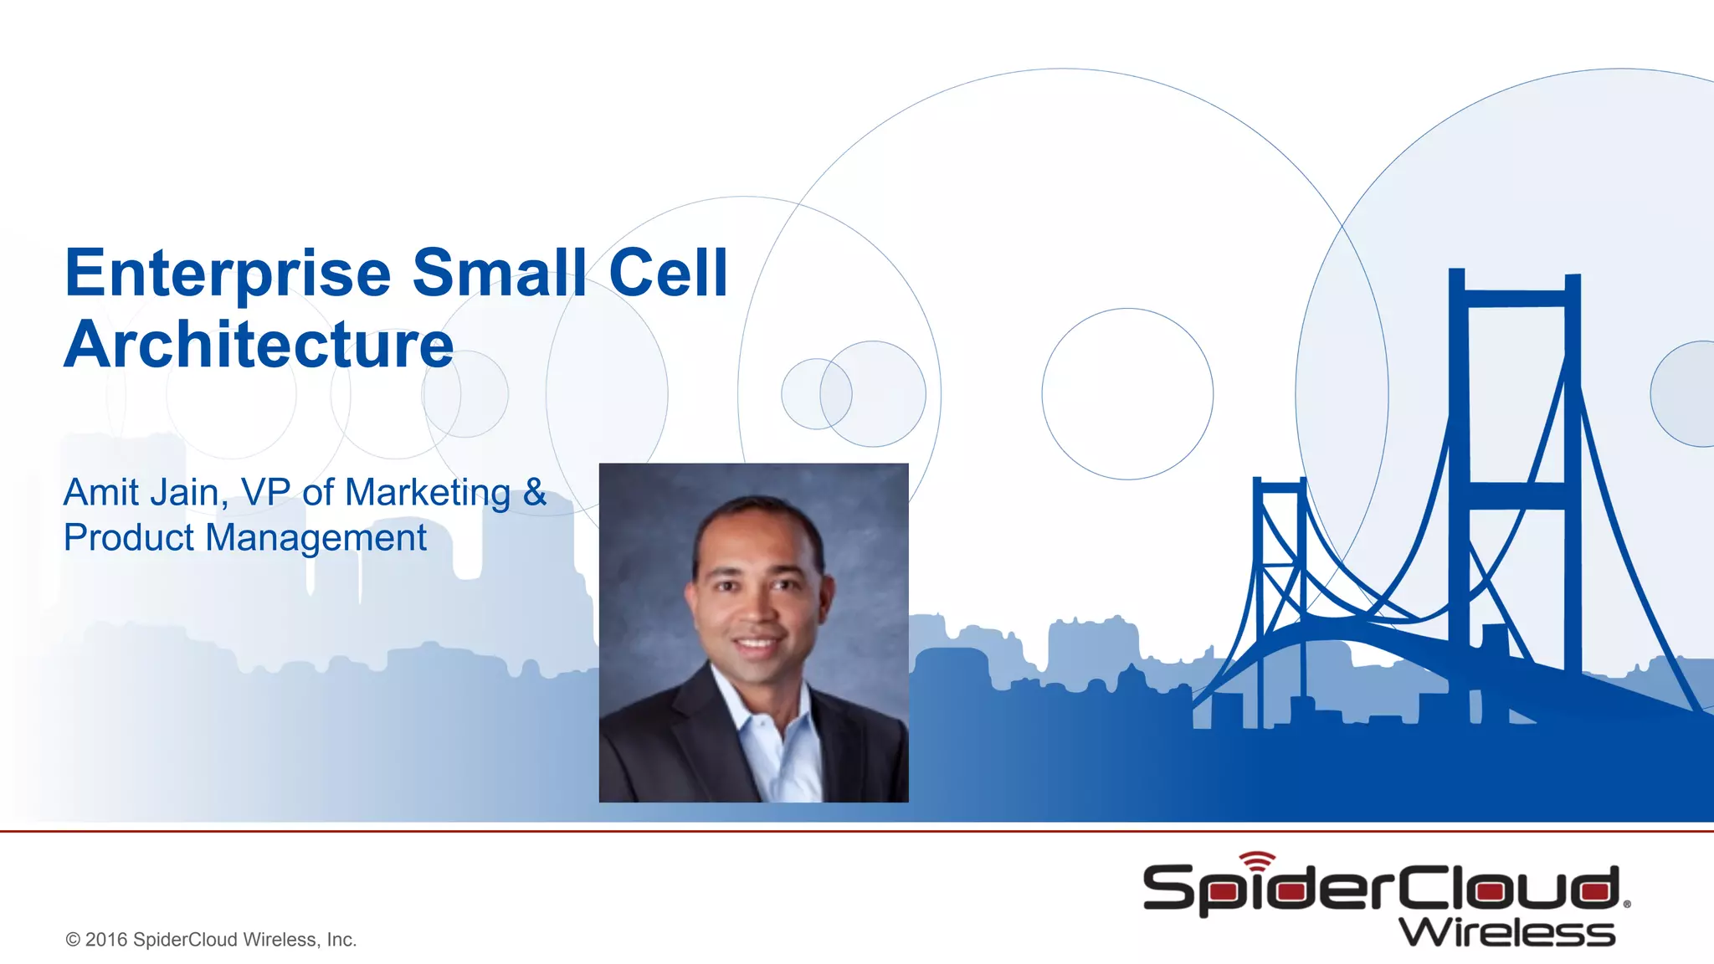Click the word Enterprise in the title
pyautogui.click(x=228, y=274)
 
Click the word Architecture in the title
pyautogui.click(x=259, y=345)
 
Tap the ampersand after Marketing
pyautogui.click(x=534, y=492)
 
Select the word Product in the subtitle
pyautogui.click(x=128, y=537)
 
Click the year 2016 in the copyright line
pyautogui.click(x=106, y=940)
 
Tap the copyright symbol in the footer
pyautogui.click(x=73, y=940)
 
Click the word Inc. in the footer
pyautogui.click(x=341, y=940)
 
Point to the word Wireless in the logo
pyautogui.click(x=1506, y=932)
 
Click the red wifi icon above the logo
pyautogui.click(x=1257, y=859)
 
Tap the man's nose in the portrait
pyautogui.click(x=756, y=611)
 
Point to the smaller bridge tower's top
pyautogui.click(x=1279, y=485)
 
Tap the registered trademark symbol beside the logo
pyautogui.click(x=1626, y=904)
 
